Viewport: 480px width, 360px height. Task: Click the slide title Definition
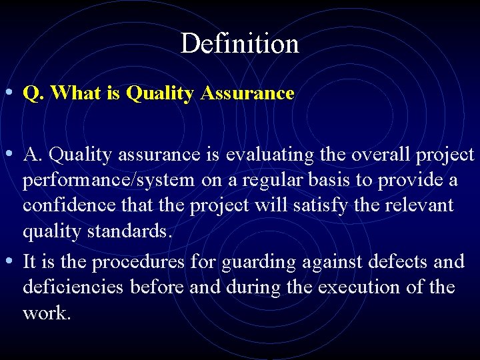[x=239, y=44]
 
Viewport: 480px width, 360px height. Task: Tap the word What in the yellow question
[x=73, y=93]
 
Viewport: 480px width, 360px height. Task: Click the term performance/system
[x=109, y=181]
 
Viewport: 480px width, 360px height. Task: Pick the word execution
[x=374, y=287]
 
